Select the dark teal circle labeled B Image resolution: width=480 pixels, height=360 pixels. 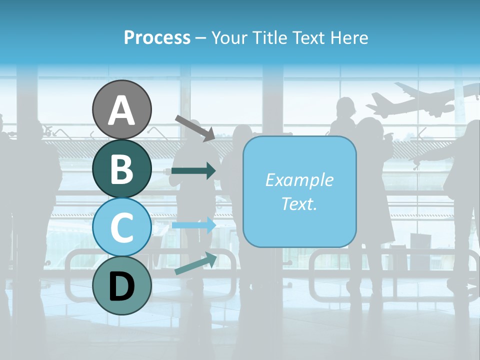122,168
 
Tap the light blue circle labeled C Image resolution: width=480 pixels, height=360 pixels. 122,227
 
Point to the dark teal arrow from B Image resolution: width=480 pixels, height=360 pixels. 193,170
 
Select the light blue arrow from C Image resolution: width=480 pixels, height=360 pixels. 193,225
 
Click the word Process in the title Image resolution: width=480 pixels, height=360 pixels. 157,37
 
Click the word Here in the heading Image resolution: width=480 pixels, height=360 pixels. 348,37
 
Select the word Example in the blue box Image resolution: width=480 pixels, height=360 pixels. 299,180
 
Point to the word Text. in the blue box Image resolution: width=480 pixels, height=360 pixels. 299,203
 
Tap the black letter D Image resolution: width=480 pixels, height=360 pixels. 122,286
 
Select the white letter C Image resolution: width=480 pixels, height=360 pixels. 122,228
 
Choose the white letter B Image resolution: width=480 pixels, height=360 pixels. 122,169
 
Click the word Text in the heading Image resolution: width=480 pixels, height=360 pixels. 309,37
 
